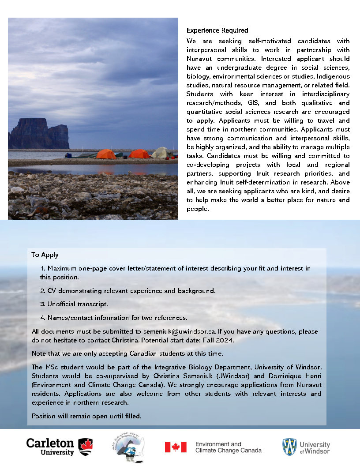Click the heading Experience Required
217,30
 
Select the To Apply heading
45,255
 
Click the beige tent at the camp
161,153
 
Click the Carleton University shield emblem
85,447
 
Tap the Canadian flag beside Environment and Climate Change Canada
176,447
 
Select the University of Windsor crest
289,447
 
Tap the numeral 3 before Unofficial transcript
42,304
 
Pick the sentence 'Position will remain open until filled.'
86,416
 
